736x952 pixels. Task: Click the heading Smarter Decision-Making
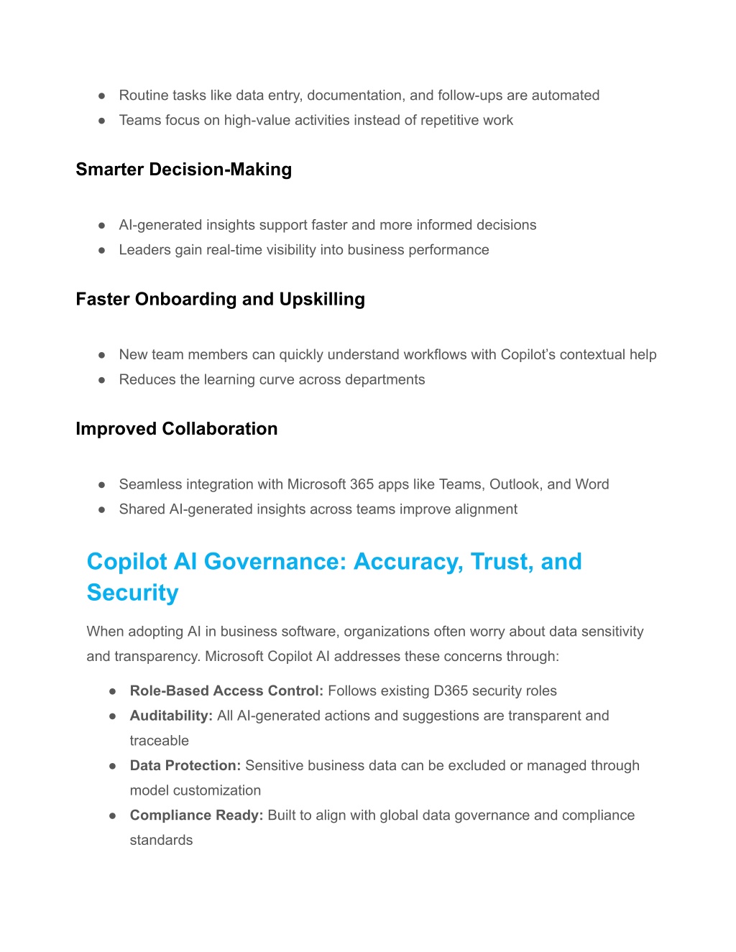(183, 170)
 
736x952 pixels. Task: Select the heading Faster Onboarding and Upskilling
(220, 299)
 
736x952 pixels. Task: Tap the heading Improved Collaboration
(176, 429)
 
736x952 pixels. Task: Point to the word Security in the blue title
(132, 593)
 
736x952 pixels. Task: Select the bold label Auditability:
(171, 716)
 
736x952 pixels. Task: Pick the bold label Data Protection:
(185, 765)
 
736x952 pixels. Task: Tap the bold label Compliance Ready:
(196, 815)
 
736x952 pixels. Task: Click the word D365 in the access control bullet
(451, 690)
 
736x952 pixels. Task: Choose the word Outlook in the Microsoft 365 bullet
(515, 484)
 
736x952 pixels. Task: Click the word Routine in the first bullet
(143, 96)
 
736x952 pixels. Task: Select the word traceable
(159, 741)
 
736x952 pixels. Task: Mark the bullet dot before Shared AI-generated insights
(102, 509)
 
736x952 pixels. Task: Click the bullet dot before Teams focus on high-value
(102, 121)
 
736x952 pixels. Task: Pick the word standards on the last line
(161, 840)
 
